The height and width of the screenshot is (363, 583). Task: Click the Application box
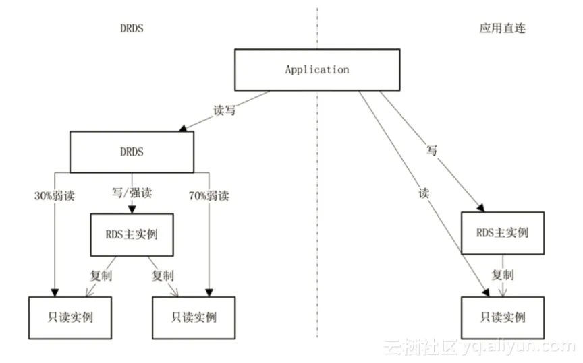pyautogui.click(x=317, y=70)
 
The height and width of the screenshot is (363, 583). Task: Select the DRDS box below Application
pyautogui.click(x=132, y=152)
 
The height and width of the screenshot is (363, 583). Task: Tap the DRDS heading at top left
pyautogui.click(x=132, y=28)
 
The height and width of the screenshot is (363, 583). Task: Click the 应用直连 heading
pyautogui.click(x=502, y=28)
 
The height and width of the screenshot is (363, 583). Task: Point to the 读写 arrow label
pyautogui.click(x=224, y=110)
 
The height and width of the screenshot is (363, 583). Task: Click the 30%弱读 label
pyautogui.click(x=55, y=195)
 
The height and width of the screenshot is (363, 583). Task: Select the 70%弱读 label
pyautogui.click(x=209, y=195)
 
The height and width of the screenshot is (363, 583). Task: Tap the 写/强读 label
pyautogui.click(x=132, y=193)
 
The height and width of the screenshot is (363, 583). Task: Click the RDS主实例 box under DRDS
pyautogui.click(x=132, y=234)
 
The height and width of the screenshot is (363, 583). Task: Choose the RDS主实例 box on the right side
pyautogui.click(x=503, y=233)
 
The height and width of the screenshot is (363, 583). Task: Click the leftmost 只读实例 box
pyautogui.click(x=70, y=318)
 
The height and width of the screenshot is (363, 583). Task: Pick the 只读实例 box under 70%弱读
pyautogui.click(x=194, y=318)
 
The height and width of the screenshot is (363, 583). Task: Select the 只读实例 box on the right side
pyautogui.click(x=503, y=318)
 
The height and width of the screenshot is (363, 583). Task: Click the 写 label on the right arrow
pyautogui.click(x=432, y=150)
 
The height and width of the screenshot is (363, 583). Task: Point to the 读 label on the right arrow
pyautogui.click(x=424, y=193)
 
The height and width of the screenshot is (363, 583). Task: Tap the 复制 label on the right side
pyautogui.click(x=503, y=275)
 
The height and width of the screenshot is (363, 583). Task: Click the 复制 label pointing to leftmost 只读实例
pyautogui.click(x=101, y=275)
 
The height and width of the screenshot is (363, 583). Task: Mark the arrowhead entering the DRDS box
pyautogui.click(x=183, y=129)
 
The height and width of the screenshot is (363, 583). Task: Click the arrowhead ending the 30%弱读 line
pyautogui.click(x=55, y=293)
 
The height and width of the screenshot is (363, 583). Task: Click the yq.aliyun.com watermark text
pyautogui.click(x=519, y=347)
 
